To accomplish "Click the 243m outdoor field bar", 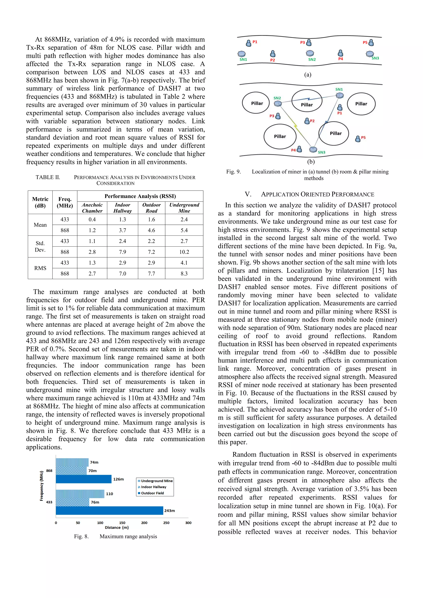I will click(109, 510).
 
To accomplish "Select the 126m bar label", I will click(119, 479).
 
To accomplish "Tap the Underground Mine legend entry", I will click(155, 481).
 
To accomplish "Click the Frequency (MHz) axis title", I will click(42, 486).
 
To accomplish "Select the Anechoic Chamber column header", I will click(92, 208).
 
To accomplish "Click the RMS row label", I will click(40, 268).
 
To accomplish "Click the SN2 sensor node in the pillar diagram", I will click(278, 104).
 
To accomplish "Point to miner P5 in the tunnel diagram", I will click(371, 43).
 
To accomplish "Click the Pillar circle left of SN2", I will click(257, 103).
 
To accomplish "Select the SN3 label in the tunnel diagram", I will click(375, 58).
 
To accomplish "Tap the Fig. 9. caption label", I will click(233, 172).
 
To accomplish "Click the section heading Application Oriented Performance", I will click(309, 194).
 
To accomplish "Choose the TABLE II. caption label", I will click(48, 177).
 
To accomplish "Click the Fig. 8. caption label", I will click(81, 536).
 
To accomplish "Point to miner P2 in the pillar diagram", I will click(307, 121).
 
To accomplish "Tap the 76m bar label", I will click(95, 502).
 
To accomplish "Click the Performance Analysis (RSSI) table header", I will click(140, 196).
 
